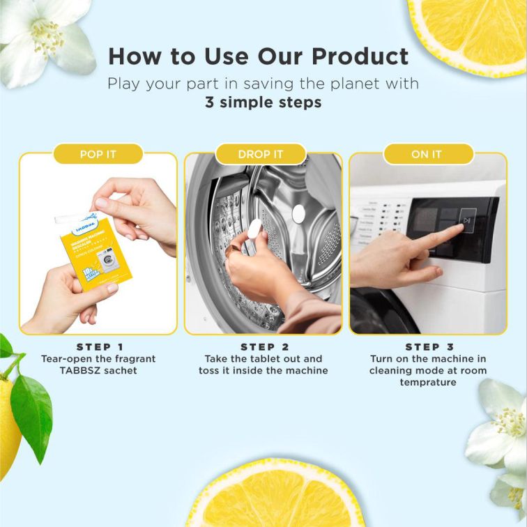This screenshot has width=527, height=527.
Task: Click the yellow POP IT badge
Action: (x=98, y=154)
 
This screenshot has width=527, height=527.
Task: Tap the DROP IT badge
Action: (x=261, y=154)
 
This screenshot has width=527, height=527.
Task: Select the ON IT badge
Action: (x=427, y=154)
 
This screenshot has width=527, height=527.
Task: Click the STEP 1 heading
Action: (x=98, y=346)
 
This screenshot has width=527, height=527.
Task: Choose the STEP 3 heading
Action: (x=429, y=346)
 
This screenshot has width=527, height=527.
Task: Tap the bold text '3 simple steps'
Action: (x=263, y=102)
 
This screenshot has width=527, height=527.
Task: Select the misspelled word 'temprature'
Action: (x=429, y=382)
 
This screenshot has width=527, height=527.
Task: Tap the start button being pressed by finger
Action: (x=466, y=220)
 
